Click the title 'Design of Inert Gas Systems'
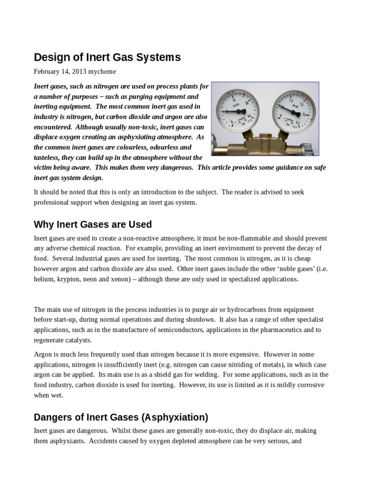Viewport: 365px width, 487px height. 107,58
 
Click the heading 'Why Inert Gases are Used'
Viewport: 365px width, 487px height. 93,224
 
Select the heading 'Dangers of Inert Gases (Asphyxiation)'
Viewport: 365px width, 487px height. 121,417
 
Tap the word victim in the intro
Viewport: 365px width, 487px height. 44,167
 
